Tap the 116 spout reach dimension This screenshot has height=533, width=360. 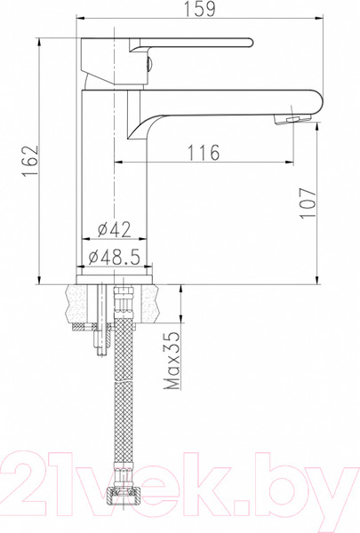(x=204, y=153)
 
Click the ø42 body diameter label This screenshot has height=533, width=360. (x=111, y=230)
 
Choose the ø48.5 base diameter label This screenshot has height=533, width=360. (x=116, y=259)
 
